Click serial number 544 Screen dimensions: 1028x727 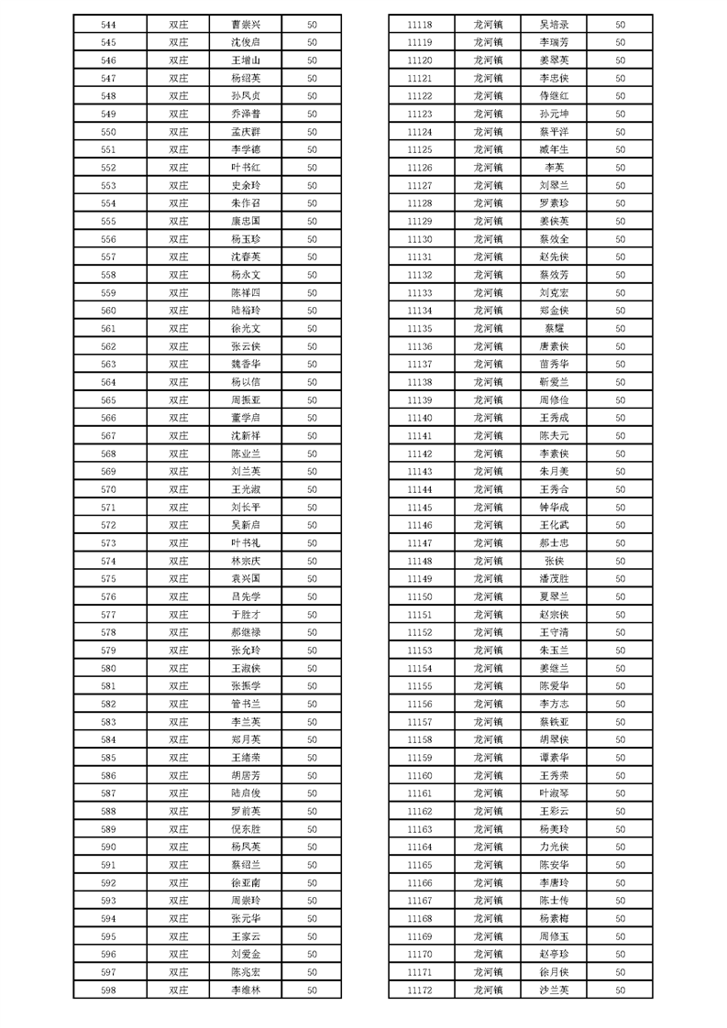pos(108,25)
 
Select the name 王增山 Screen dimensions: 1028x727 pos(246,60)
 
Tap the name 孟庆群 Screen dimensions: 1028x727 pos(246,132)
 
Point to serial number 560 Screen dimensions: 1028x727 pos(108,311)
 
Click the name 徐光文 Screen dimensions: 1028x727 pos(246,329)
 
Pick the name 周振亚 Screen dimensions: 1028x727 pos(246,400)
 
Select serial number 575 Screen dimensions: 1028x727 pos(108,579)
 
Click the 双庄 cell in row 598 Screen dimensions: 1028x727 pos(178,990)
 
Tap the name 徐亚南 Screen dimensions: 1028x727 pos(246,883)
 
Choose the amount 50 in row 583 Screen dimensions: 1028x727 pos(312,722)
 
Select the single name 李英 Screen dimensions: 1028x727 pos(555,168)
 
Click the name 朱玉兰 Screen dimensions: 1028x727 pos(555,651)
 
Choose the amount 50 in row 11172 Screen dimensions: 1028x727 pos(620,990)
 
